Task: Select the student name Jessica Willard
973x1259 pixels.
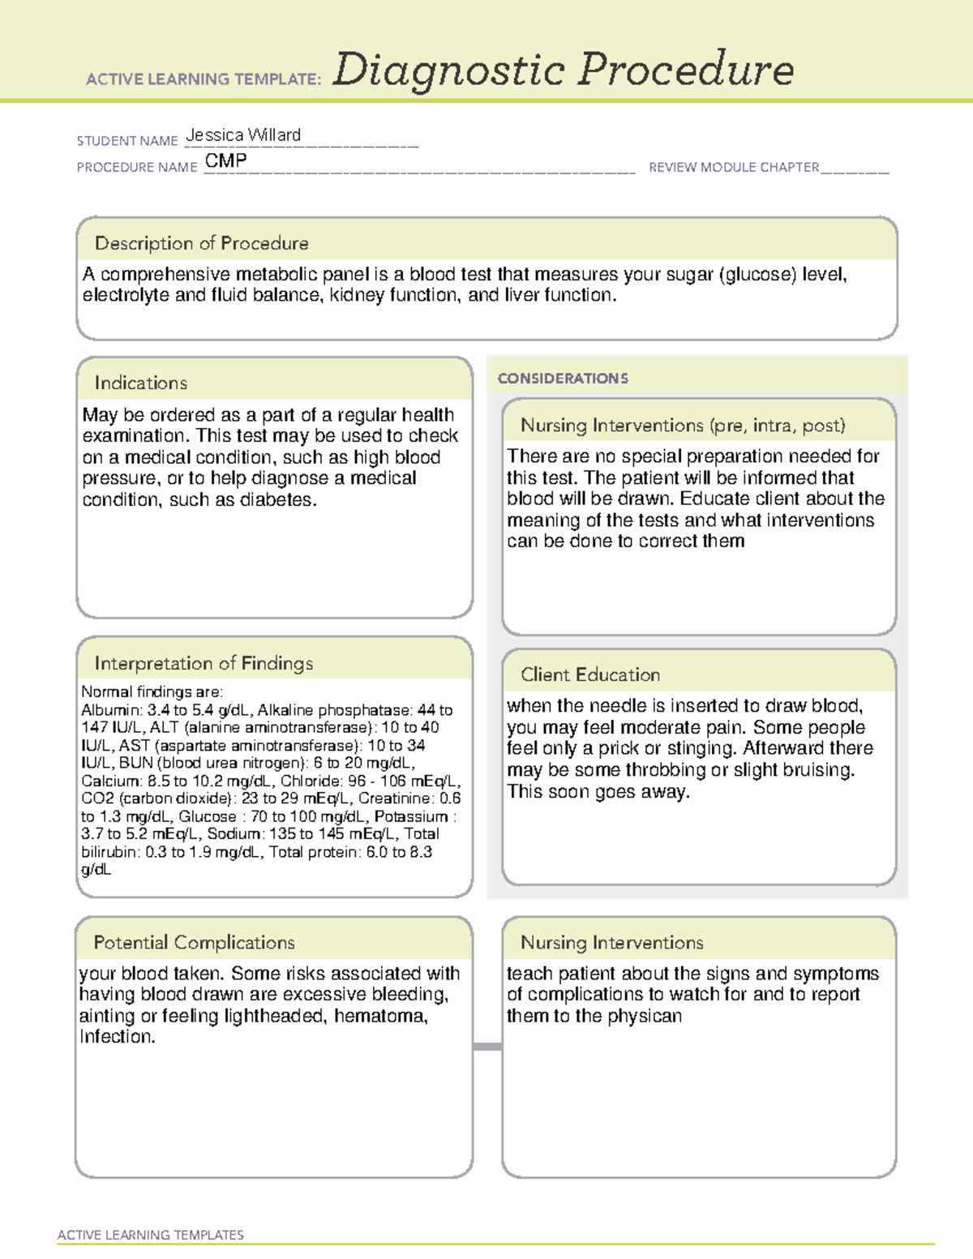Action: coord(243,135)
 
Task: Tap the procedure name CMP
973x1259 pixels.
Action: coord(225,161)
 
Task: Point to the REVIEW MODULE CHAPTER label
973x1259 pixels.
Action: coord(734,167)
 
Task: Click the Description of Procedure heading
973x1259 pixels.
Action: coord(201,243)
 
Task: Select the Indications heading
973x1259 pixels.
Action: coord(140,383)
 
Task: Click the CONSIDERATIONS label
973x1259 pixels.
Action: coord(563,379)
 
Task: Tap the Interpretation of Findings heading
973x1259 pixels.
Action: coord(204,663)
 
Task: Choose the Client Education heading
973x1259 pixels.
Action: coord(590,674)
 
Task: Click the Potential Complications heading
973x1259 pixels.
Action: coord(194,942)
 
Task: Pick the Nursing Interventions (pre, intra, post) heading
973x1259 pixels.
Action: coord(683,426)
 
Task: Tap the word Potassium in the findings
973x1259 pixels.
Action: coord(411,816)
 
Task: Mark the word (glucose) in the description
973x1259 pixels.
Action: coord(758,275)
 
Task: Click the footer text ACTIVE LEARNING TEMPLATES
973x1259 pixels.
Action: coord(151,1235)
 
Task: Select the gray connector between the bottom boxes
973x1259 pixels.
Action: coord(487,1047)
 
